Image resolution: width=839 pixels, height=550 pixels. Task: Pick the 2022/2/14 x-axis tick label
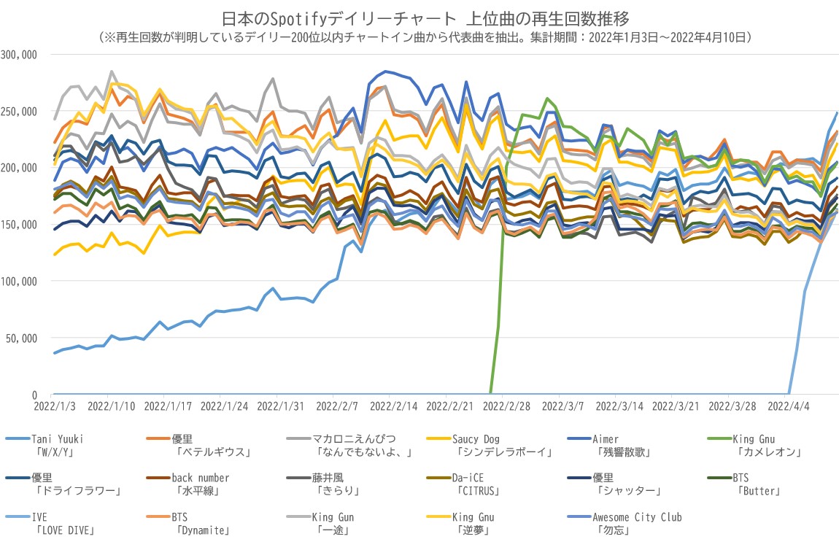point(390,403)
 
